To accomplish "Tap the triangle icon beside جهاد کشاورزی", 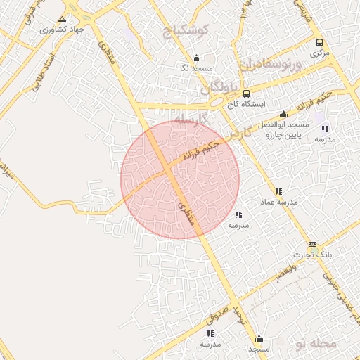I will [63, 19].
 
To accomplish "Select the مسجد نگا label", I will [195, 68].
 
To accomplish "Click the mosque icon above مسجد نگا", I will [196, 58].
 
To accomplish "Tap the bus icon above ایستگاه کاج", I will [246, 94].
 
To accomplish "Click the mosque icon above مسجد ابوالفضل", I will [284, 115].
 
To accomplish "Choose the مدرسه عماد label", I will [280, 202].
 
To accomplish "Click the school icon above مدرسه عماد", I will [279, 191].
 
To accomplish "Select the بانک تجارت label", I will [311, 254].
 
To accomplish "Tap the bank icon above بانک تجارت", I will [312, 244].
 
